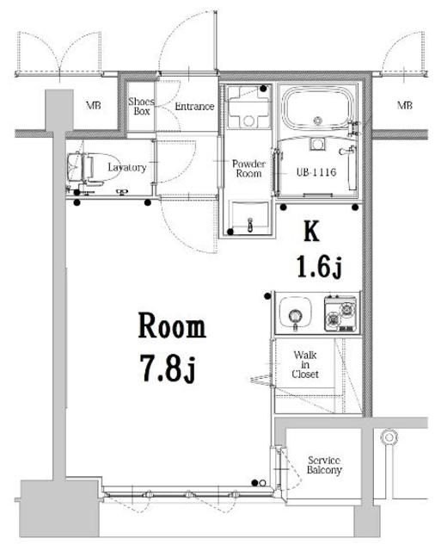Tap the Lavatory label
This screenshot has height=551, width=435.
(x=126, y=168)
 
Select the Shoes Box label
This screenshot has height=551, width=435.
(x=141, y=107)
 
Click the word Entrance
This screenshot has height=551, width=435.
(x=193, y=107)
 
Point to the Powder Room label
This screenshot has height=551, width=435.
(x=248, y=168)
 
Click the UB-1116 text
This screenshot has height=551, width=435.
(x=316, y=172)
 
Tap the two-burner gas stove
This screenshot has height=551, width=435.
(x=340, y=314)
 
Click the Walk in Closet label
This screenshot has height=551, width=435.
(x=306, y=364)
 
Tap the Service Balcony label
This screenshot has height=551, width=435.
(x=324, y=466)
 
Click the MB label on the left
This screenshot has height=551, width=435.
(x=91, y=107)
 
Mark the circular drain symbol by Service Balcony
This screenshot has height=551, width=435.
(x=389, y=439)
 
